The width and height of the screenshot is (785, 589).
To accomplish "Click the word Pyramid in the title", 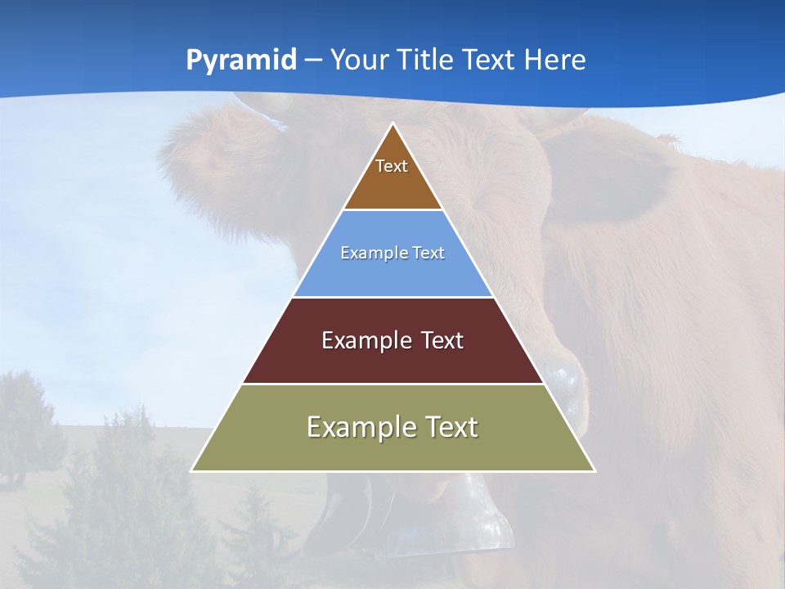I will click(241, 61).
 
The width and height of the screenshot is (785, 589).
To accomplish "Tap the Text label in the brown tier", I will click(392, 166).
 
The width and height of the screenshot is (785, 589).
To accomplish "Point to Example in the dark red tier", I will click(364, 340).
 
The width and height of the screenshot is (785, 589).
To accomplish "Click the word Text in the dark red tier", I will click(442, 340).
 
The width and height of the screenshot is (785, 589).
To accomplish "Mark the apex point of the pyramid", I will click(393, 124).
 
